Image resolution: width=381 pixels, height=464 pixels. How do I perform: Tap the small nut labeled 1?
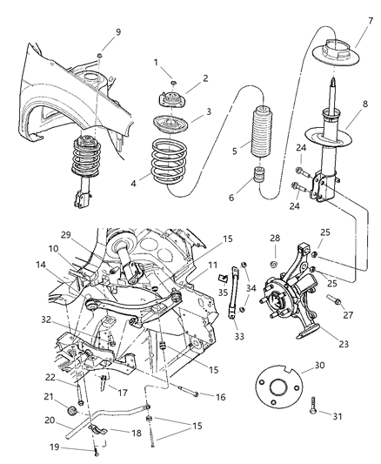point(171,80)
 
